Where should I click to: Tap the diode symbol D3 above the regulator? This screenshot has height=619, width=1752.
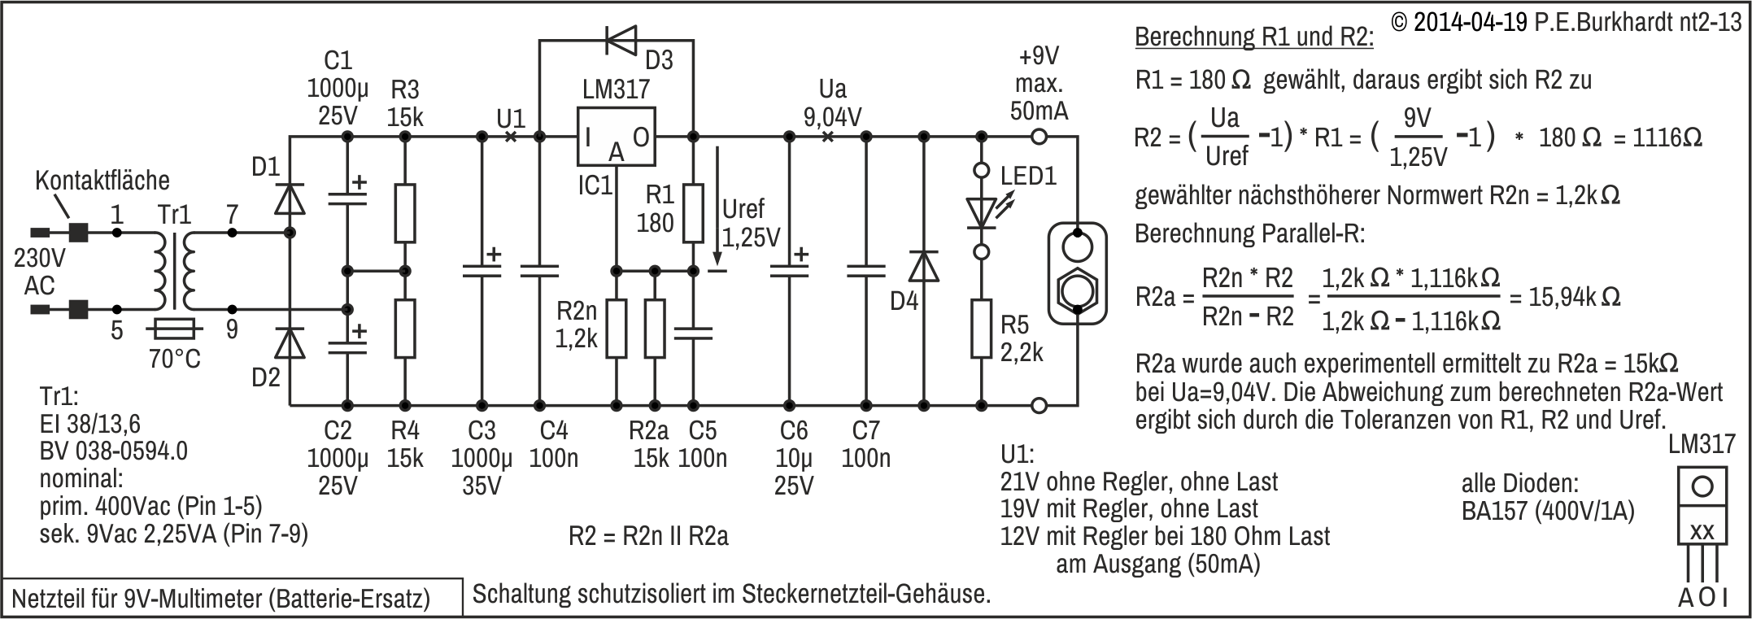[x=620, y=38]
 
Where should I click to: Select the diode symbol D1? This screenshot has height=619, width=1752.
[x=290, y=198]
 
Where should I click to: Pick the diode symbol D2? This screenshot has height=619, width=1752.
[x=290, y=342]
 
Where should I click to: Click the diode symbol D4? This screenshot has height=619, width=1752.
[x=924, y=266]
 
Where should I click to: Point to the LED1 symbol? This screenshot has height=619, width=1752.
[x=982, y=212]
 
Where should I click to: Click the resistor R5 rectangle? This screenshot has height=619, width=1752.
[x=982, y=329]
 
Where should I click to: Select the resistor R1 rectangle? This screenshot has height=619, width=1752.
[x=693, y=213]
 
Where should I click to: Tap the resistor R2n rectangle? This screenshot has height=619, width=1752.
[x=617, y=329]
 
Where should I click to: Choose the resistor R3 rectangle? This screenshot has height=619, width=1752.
[x=405, y=213]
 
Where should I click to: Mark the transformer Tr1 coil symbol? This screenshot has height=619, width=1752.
[x=174, y=272]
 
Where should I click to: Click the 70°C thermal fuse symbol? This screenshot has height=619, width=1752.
[x=174, y=329]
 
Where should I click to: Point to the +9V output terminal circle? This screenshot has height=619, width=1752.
[x=1038, y=137]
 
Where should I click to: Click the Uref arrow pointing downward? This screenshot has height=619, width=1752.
[x=718, y=203]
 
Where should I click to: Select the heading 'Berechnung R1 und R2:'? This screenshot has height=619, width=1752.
[x=1253, y=37]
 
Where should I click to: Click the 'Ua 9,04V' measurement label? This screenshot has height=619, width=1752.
[x=832, y=103]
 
